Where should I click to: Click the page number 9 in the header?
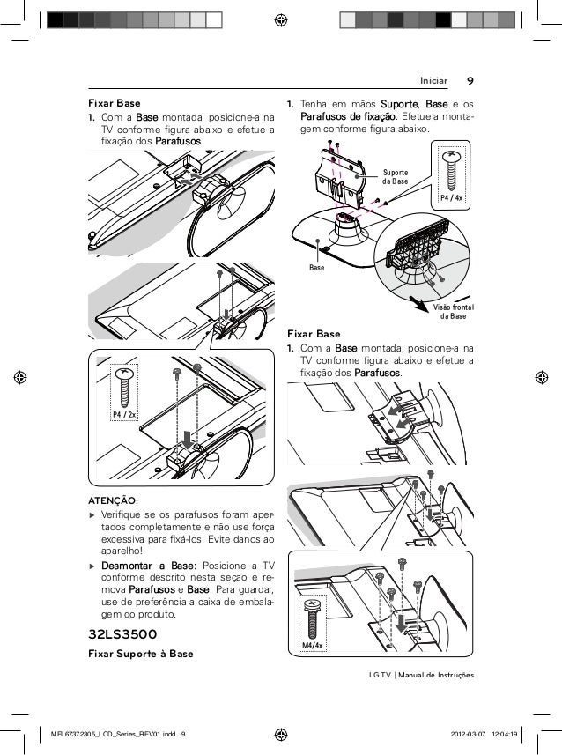click(x=470, y=82)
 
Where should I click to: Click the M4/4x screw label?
click(x=313, y=646)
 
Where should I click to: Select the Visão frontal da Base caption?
click(x=453, y=311)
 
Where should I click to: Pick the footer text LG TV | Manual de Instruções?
click(x=424, y=675)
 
